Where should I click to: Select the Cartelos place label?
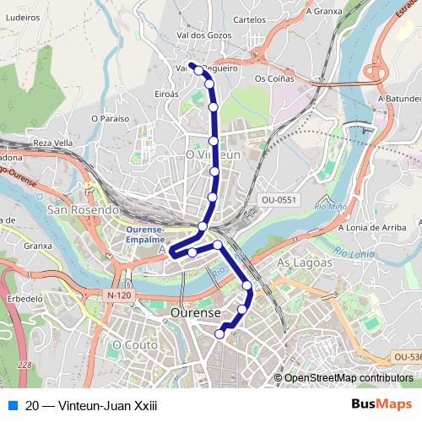(249, 19)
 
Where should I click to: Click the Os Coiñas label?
(274, 78)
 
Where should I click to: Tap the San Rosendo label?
(82, 209)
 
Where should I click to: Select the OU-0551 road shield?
(279, 200)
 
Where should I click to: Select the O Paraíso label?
(111, 119)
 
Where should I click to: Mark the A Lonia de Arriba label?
(373, 227)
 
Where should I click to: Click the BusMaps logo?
(382, 404)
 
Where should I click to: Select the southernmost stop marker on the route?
(219, 334)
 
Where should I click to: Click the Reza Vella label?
(53, 143)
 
